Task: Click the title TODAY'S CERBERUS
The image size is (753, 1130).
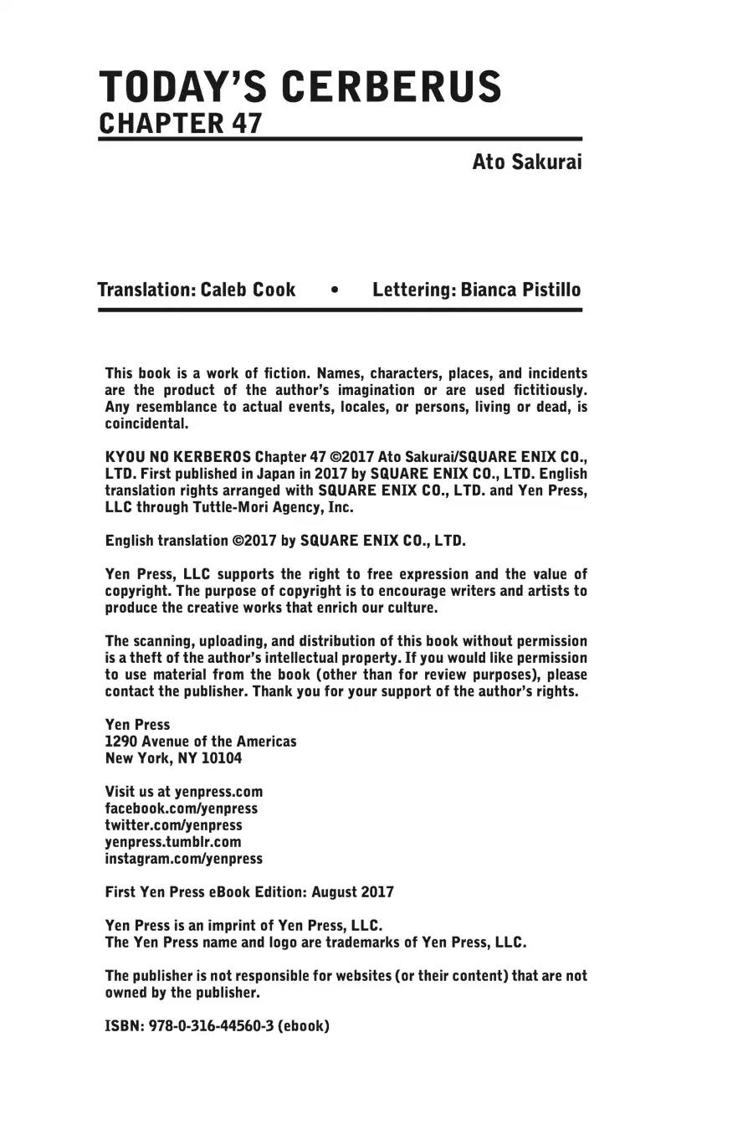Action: (300, 86)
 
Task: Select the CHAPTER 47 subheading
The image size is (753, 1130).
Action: (181, 123)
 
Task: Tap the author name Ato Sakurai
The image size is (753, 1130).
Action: (526, 162)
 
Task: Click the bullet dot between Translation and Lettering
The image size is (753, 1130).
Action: (335, 290)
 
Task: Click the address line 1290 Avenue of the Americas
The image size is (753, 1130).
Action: (200, 742)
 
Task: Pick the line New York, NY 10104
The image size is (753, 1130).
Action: (173, 758)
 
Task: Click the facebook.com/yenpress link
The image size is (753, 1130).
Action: (181, 809)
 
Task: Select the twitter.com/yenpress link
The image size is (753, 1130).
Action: (173, 825)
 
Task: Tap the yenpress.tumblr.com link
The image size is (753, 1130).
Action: (172, 842)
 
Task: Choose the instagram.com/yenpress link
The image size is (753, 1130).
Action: (183, 859)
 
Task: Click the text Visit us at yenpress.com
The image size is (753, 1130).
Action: (183, 792)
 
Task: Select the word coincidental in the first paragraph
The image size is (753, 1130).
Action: (146, 424)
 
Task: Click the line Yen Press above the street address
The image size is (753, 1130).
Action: (137, 725)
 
